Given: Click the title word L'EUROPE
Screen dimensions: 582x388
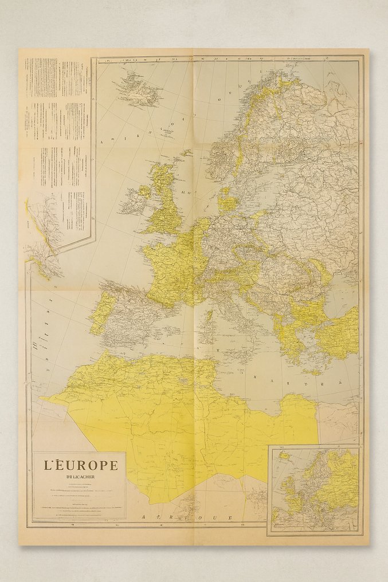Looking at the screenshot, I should point(81,465).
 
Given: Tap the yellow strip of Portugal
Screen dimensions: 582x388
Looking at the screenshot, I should point(99,312).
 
